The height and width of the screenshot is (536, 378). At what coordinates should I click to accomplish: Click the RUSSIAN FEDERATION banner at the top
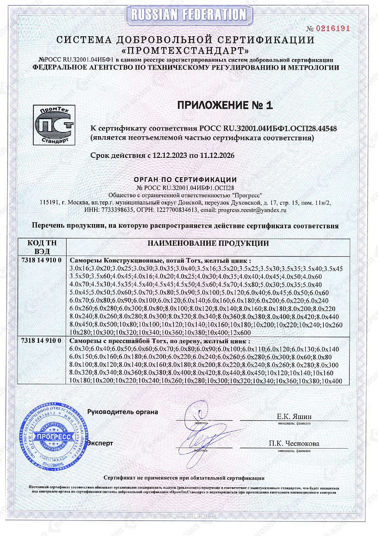189,14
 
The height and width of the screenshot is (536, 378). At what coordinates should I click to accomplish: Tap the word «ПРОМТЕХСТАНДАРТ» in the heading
186,50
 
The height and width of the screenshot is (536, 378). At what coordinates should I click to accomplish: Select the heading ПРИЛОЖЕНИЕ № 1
225,105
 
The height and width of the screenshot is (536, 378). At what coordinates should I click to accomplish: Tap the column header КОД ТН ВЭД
40,247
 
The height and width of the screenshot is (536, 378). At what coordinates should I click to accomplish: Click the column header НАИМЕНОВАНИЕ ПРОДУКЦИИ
208,244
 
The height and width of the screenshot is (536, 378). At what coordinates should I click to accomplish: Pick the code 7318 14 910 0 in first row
42,260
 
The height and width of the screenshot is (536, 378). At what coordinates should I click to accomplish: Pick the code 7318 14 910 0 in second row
42,340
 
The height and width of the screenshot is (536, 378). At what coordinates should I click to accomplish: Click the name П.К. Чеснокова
294,444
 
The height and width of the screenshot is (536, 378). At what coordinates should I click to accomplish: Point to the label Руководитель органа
122,412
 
